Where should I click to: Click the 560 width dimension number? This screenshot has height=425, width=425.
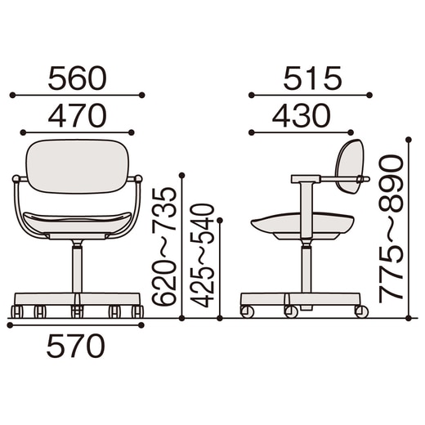pyautogui.click(x=77, y=78)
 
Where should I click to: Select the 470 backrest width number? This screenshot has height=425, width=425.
pyautogui.click(x=77, y=115)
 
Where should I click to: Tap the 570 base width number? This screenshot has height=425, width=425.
pyautogui.click(x=76, y=346)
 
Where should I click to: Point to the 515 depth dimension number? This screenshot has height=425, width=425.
pyautogui.click(x=312, y=78)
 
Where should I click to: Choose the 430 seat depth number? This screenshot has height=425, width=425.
pyautogui.click(x=302, y=115)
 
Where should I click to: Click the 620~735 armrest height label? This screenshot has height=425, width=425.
pyautogui.click(x=164, y=246)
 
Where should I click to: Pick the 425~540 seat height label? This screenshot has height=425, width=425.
pyautogui.click(x=202, y=256)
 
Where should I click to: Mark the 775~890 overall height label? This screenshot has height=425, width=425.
pyautogui.click(x=391, y=229)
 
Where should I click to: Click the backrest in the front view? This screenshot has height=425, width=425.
pyautogui.click(x=77, y=166)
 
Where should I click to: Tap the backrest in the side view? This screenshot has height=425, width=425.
pyautogui.click(x=350, y=166)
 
